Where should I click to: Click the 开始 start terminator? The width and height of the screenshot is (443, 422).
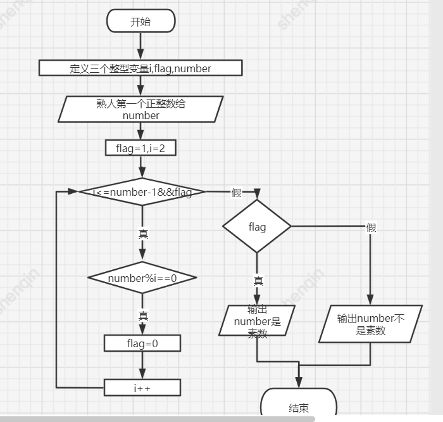tap(140, 22)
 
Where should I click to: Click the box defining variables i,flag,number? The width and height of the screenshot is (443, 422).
tap(140, 68)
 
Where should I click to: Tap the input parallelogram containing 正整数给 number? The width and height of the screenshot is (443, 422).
tap(140, 109)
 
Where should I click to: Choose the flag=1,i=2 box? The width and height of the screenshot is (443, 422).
tap(140, 148)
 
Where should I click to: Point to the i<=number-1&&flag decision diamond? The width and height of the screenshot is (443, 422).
tap(142, 192)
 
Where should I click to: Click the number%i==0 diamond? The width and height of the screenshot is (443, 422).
tap(142, 278)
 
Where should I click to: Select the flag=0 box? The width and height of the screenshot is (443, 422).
tap(142, 343)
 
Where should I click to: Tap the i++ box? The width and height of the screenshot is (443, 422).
tap(142, 387)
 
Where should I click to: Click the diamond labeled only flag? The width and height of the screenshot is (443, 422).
tap(257, 226)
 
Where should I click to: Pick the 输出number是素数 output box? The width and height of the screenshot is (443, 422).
tap(258, 321)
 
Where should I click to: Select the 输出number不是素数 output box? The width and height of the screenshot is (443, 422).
tap(370, 324)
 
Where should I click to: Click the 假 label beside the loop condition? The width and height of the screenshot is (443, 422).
tap(237, 193)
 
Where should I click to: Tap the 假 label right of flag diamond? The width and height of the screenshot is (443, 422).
tap(371, 227)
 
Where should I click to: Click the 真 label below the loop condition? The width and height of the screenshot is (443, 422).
tap(143, 234)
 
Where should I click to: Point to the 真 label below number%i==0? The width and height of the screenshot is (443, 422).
tap(143, 315)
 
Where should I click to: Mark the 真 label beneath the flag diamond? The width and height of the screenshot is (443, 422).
tap(258, 281)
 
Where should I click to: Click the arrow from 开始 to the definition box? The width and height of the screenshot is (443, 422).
tap(140, 46)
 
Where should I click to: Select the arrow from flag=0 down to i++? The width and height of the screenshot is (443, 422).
tap(142, 365)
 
